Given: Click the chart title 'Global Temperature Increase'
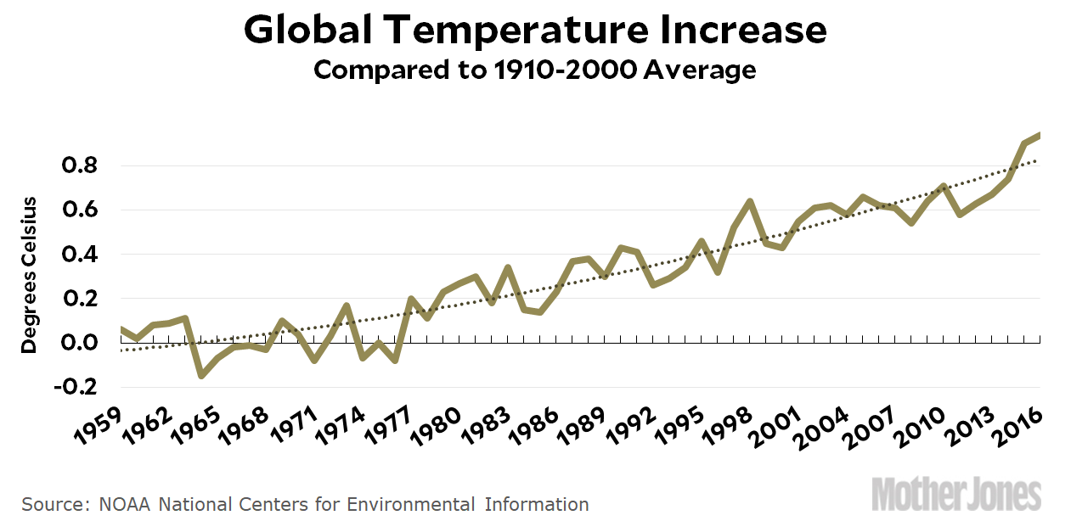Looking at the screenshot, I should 535,31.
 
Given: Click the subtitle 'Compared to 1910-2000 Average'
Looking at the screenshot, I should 535,70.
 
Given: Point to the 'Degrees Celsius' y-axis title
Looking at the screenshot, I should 30,275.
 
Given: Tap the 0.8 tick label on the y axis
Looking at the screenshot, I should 80,166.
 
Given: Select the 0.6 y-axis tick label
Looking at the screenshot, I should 80,210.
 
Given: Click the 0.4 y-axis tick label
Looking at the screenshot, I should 80,255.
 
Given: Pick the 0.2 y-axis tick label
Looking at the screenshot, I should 80,299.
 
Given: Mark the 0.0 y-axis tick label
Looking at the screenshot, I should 80,343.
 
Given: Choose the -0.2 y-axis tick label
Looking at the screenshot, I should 76,387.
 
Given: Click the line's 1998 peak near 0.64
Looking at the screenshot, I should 750,201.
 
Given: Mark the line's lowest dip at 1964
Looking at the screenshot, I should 201,376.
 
